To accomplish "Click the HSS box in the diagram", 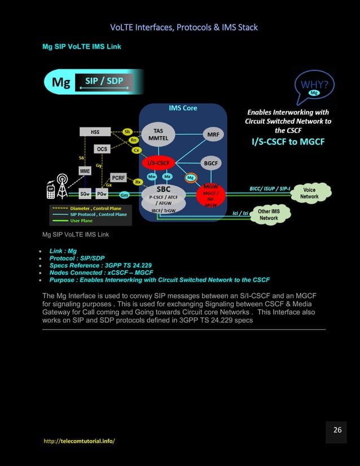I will tap(95, 132).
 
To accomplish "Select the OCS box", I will tap(102, 149).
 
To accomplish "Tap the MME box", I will tap(85, 170).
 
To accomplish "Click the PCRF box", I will tap(118, 178).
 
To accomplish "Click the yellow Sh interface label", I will tap(129, 131).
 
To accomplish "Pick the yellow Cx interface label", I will tap(136, 151).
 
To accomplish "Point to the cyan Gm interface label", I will tap(125, 195).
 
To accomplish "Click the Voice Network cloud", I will tap(309, 194).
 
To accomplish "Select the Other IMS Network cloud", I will tap(269, 215).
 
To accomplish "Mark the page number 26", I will tap(337, 430).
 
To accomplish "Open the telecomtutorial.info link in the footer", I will tap(79, 440).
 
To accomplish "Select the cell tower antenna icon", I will tap(62, 188).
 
